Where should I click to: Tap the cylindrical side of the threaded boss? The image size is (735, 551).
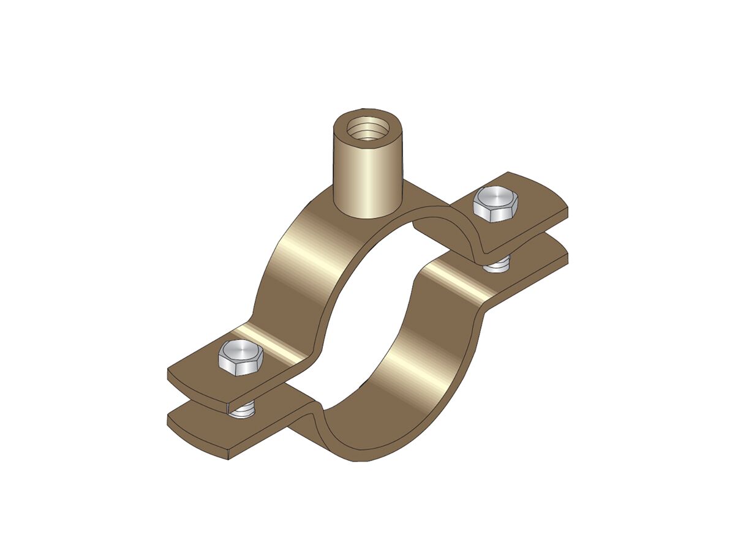(366, 178)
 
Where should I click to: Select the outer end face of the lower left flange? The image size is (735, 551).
(196, 441)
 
